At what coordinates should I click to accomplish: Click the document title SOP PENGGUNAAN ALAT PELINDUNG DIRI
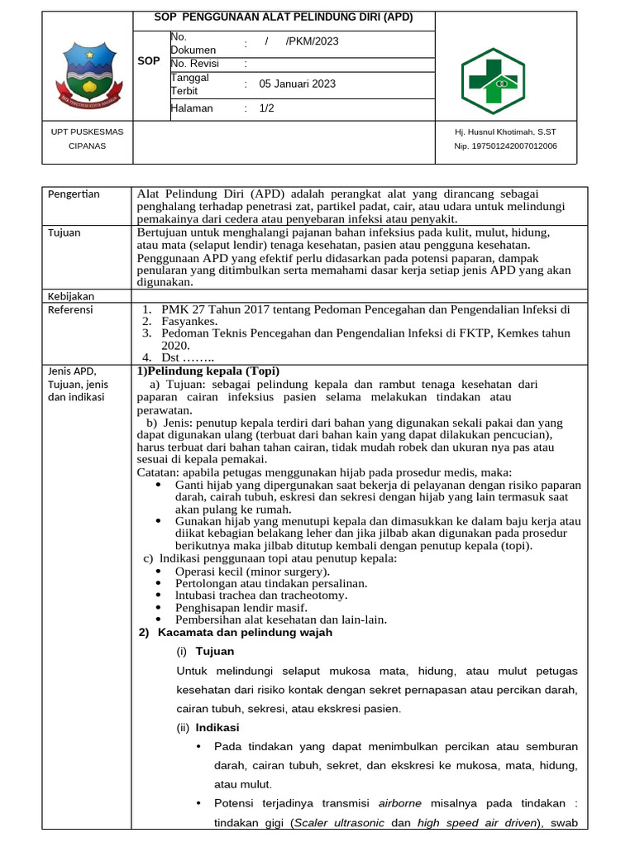coord(284,17)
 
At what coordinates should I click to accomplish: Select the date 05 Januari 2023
coord(297,84)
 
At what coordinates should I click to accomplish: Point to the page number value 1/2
coord(266,108)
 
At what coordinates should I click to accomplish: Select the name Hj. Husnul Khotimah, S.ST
coord(505,132)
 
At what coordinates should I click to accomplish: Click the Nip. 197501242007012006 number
coord(505,146)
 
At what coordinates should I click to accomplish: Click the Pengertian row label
coord(74,194)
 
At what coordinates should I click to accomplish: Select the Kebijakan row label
coord(71,295)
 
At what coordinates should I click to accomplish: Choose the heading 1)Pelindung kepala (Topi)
coord(208,370)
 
